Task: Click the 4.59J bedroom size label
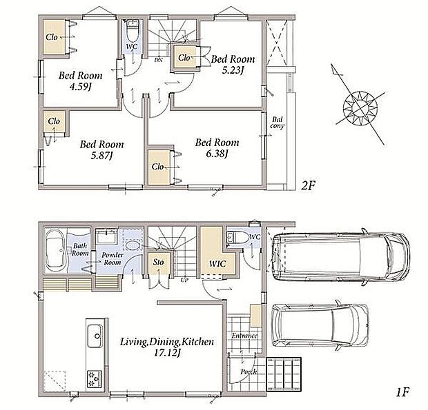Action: click(80, 87)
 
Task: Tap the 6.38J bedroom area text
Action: click(217, 154)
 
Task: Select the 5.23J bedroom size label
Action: click(233, 70)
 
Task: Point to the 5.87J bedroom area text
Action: click(101, 156)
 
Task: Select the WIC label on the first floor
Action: click(217, 264)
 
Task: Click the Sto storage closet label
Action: click(158, 263)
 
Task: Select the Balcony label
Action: click(277, 123)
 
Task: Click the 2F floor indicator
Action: click(308, 186)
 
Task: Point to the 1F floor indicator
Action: click(402, 392)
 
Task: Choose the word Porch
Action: click(249, 371)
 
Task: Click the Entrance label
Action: click(244, 336)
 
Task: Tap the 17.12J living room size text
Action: click(167, 353)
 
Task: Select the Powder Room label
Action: click(113, 258)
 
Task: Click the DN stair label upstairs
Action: click(158, 60)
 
